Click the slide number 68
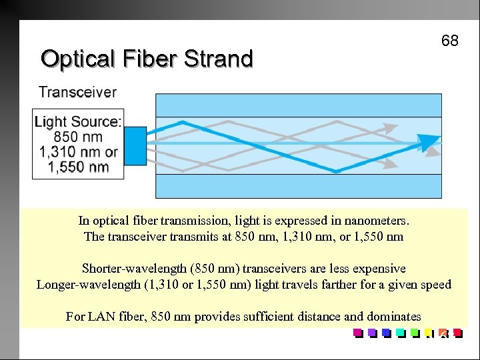[449, 41]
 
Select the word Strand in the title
[219, 59]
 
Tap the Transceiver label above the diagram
[77, 92]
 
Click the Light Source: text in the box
[78, 121]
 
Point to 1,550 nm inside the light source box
[79, 167]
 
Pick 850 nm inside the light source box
[79, 137]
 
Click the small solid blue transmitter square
[135, 142]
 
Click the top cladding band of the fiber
[298, 105]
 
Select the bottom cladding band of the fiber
[298, 186]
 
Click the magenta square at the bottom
[357, 333]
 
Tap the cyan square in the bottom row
[400, 333]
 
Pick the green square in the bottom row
[414, 333]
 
